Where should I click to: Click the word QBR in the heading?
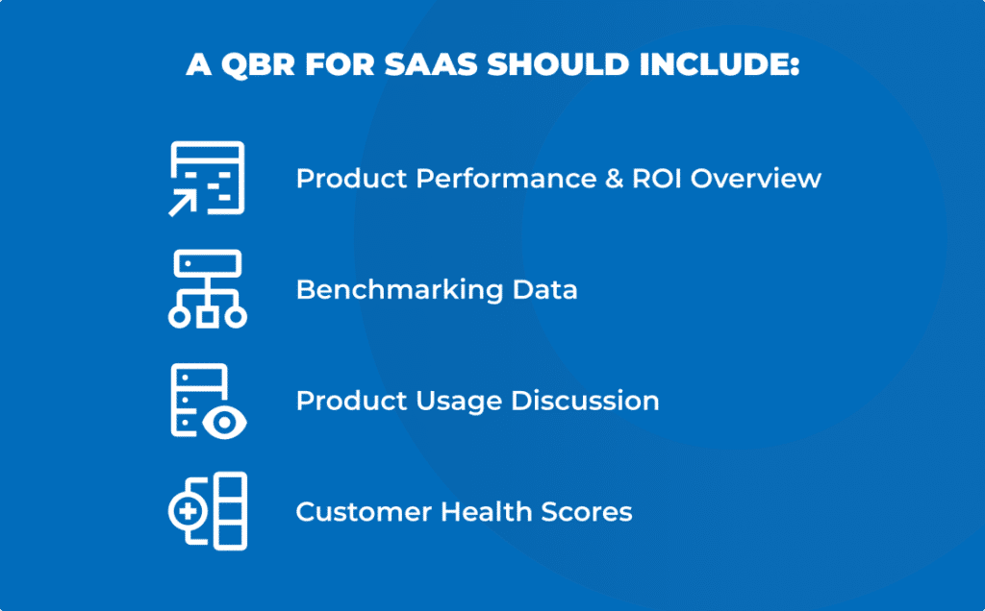point(258,65)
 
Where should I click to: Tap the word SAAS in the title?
point(431,64)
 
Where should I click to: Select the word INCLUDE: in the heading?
point(720,64)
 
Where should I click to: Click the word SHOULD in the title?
point(558,64)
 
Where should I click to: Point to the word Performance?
point(506,178)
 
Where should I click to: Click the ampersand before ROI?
point(614,178)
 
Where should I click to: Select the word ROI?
point(656,178)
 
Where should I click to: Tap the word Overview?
point(756,178)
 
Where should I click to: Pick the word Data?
point(544,290)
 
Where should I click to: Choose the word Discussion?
point(585,401)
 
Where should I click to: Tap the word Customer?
point(363,512)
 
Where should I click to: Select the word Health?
point(486,511)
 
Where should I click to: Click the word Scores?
point(587,512)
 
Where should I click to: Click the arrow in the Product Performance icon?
point(182,205)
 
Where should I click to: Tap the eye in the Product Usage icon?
point(224,423)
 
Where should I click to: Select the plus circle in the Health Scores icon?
point(188,511)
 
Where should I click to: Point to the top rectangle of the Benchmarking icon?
point(208,263)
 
